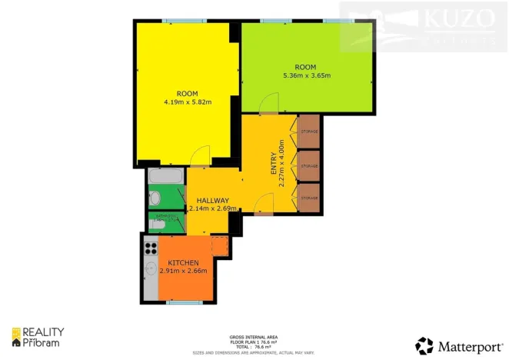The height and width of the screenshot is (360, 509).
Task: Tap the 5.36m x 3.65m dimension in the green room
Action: (x=307, y=75)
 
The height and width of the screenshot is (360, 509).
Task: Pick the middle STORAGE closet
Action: (x=309, y=165)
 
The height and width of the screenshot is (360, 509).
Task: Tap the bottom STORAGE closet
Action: (x=309, y=198)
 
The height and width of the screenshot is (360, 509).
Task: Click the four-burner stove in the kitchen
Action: (x=151, y=248)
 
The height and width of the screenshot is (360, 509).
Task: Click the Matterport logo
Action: (x=457, y=345)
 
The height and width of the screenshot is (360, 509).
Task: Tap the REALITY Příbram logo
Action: (x=38, y=337)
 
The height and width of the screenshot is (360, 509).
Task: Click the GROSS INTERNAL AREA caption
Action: (x=254, y=337)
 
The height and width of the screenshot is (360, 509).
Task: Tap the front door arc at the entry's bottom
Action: (x=263, y=204)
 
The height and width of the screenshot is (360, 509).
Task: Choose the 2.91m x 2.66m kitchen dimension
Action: (x=182, y=271)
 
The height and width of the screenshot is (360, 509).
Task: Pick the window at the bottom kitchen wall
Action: (x=182, y=302)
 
